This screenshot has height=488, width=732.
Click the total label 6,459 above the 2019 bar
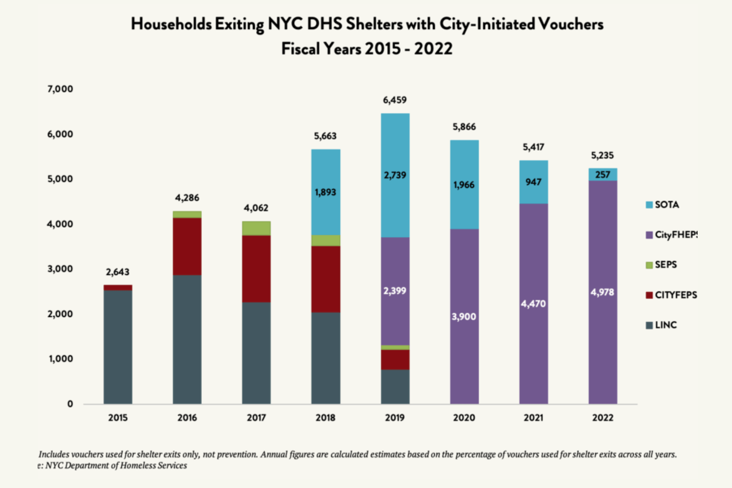coord(395,100)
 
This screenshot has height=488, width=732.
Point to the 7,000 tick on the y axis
coord(60,89)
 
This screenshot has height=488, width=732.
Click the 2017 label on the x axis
coord(256,418)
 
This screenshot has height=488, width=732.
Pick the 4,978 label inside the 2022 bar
coord(602,292)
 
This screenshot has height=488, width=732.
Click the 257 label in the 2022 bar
coord(603,175)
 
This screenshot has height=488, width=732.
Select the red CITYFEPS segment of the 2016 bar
coord(187,246)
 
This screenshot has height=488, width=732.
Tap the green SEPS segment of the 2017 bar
coord(256,228)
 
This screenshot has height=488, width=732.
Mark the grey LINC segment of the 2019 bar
coord(395,387)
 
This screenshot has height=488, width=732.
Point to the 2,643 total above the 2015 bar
coord(117,272)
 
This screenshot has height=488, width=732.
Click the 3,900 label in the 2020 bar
coord(464,317)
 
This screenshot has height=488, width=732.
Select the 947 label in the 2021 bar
coord(533,182)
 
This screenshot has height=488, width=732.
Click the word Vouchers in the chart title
coord(571,24)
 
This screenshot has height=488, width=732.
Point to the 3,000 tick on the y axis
coord(60,269)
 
